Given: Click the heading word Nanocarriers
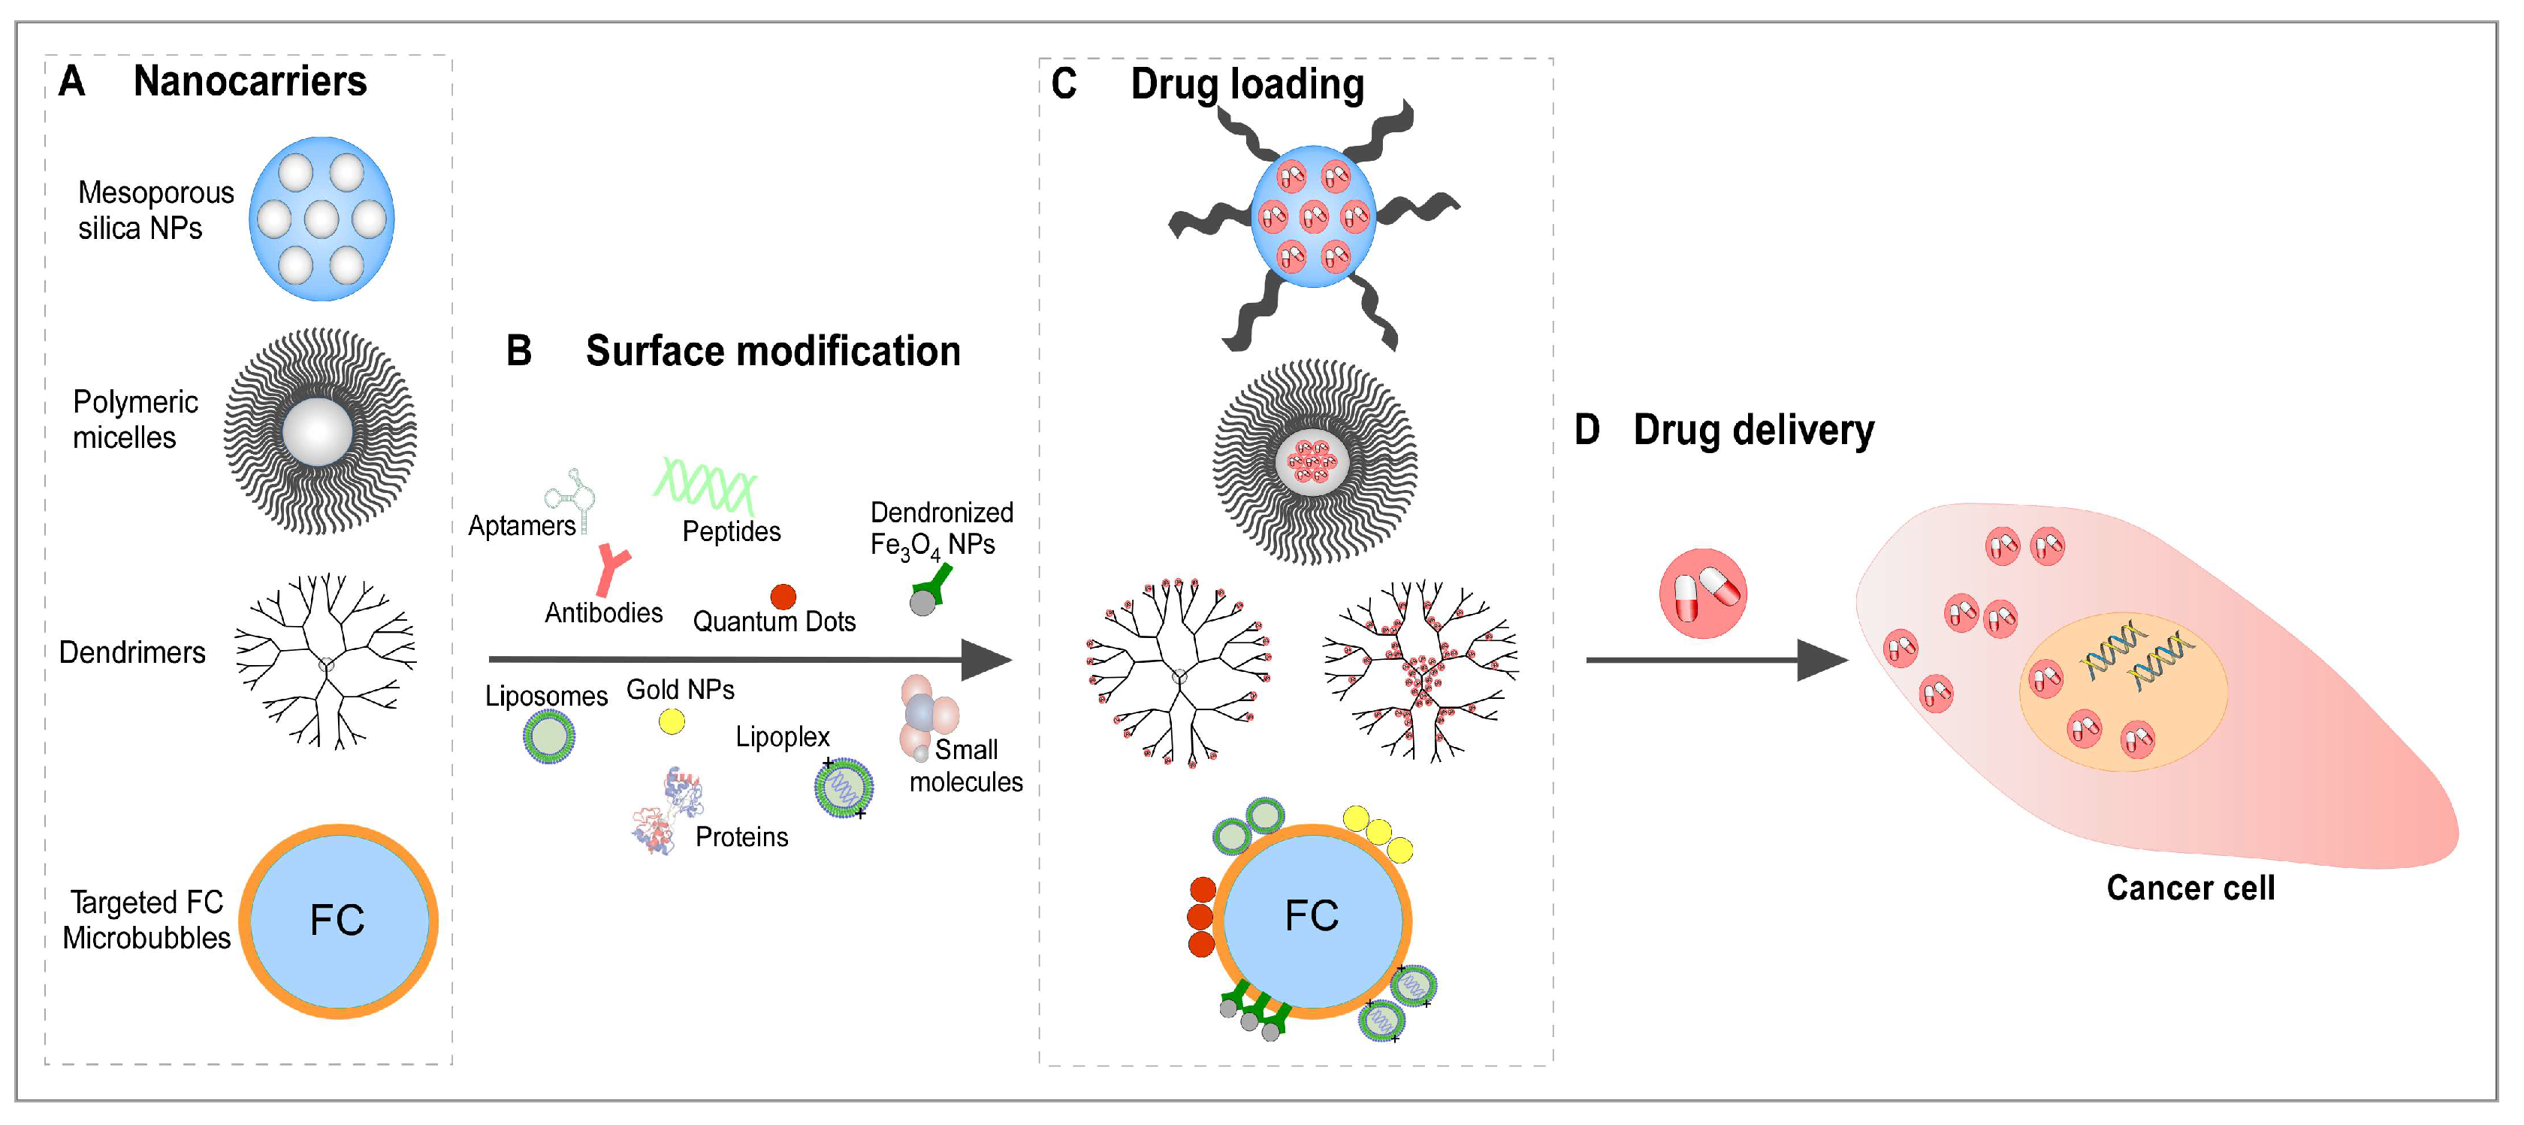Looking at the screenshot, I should [250, 81].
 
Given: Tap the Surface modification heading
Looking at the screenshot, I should [772, 351].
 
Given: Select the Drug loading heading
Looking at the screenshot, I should [1246, 84].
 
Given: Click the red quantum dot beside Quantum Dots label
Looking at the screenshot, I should [783, 596].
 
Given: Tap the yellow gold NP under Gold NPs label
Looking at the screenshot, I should [671, 722].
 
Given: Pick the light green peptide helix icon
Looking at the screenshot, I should [705, 485].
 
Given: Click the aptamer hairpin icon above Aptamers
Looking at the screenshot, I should [573, 495].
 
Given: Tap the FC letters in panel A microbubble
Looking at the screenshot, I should [337, 920].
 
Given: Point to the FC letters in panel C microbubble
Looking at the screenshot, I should [1311, 916].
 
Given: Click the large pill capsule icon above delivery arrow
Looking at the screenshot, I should [1703, 593].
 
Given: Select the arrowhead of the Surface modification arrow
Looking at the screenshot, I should [985, 660].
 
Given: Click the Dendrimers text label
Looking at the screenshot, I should [132, 652].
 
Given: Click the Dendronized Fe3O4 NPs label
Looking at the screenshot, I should [940, 529].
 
